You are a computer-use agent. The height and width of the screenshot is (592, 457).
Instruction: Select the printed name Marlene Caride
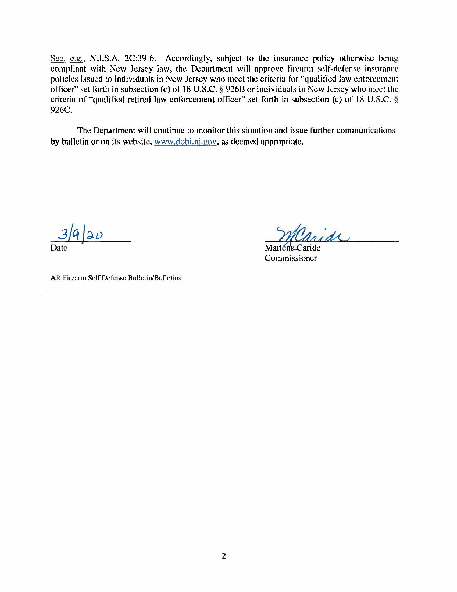(x=292, y=248)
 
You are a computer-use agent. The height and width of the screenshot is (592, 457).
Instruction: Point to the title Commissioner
(x=291, y=258)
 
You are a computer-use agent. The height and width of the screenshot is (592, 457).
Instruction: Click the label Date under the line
(x=59, y=248)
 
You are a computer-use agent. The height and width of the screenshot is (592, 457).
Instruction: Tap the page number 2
(x=224, y=556)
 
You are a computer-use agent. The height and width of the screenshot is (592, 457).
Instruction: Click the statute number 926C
(x=62, y=110)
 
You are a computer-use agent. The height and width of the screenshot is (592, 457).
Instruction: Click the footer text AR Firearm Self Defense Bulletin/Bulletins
(x=116, y=278)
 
